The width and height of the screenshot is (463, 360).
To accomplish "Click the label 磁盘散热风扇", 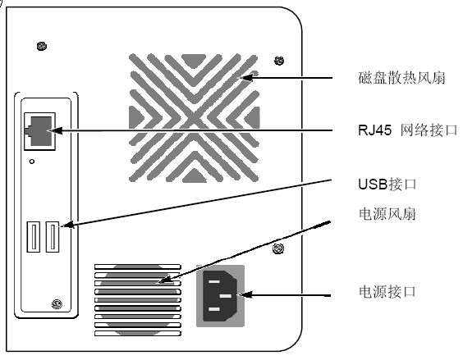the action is [401, 78].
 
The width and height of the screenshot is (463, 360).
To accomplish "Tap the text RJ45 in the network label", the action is [374, 130].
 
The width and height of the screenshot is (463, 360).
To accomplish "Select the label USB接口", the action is [387, 185].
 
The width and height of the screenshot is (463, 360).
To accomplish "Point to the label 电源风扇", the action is [387, 214].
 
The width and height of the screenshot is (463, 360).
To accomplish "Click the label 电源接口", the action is [387, 292].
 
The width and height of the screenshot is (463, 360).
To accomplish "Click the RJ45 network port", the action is [39, 131].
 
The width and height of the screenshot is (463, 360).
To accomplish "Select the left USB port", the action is [34, 237].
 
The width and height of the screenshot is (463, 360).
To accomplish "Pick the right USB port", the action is [53, 237].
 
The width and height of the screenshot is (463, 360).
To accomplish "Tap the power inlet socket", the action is [220, 296].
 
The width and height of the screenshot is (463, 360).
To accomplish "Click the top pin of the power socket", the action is [214, 281].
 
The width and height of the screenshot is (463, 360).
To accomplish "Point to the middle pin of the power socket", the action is [226, 295].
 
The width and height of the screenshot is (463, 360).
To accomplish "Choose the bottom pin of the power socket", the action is [214, 309].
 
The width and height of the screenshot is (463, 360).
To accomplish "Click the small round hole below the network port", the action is [32, 162].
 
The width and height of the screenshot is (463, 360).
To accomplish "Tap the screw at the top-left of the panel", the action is [42, 46].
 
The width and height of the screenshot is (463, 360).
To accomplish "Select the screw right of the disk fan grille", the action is [279, 61].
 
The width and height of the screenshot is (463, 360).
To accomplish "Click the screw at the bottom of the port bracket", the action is [57, 304].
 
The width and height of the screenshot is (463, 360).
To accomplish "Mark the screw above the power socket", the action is [278, 249].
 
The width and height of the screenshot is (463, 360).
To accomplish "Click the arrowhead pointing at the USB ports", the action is [68, 225].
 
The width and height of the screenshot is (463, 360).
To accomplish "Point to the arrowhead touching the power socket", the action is [245, 294].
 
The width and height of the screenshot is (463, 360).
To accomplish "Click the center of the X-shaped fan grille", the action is [194, 118].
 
